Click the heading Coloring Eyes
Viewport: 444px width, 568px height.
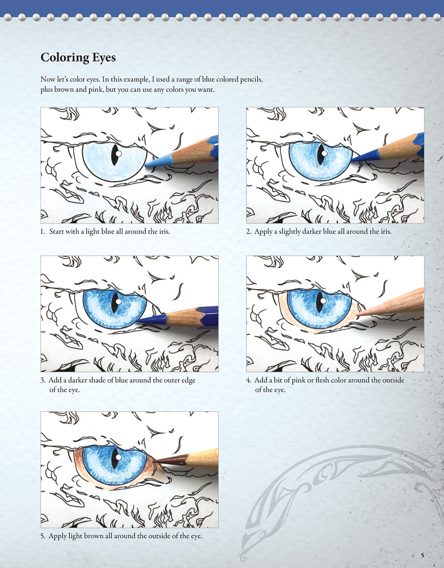click(x=78, y=58)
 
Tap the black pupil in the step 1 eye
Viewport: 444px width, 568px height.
click(x=115, y=155)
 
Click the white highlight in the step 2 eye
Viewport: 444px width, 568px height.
click(x=325, y=153)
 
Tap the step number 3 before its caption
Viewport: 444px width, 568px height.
click(x=43, y=380)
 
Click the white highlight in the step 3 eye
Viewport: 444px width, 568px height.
click(x=119, y=302)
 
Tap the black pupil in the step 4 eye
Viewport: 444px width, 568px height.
click(x=320, y=302)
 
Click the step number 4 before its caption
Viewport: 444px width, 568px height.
click(x=249, y=380)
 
